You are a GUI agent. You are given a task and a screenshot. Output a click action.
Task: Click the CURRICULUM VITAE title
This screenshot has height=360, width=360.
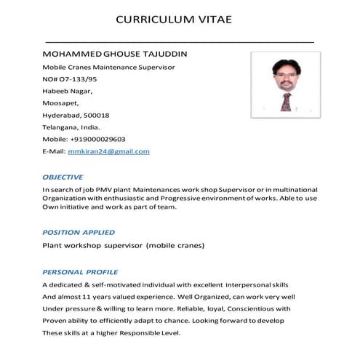pos(174,19)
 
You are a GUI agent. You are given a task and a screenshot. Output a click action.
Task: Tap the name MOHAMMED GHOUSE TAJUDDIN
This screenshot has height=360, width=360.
pos(116,55)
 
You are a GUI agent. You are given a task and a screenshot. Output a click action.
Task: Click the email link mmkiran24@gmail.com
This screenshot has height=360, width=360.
pos(108,151)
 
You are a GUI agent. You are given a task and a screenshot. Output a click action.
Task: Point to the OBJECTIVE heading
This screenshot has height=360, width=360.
pos(63,177)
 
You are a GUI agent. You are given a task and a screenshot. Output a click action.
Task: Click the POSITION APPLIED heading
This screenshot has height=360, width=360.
pos(79,232)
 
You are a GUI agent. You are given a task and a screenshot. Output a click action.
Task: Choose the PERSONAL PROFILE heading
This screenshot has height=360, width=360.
pos(80,271)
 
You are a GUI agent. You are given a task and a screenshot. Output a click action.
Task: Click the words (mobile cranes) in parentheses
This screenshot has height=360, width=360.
pos(175,246)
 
